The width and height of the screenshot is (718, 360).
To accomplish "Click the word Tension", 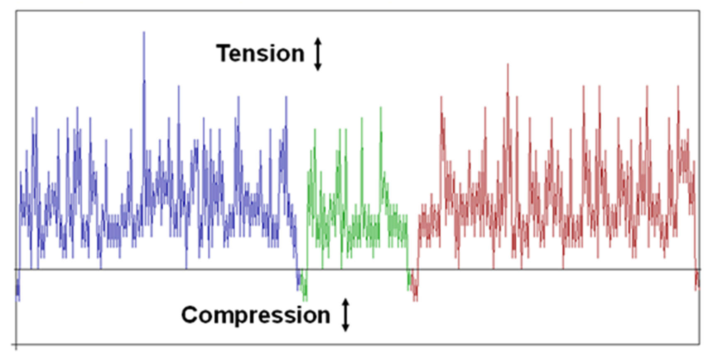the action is [260, 54].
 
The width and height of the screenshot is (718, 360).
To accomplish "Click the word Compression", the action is [256, 315].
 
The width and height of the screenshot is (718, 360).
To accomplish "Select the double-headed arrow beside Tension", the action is [318, 54].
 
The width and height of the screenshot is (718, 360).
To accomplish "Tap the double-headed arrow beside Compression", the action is [346, 315].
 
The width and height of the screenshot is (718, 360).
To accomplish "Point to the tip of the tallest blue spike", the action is [144, 32].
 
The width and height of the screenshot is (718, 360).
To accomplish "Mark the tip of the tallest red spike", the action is [508, 64].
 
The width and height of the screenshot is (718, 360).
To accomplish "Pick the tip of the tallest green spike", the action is [381, 107].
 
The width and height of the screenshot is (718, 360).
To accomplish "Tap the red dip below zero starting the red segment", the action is [415, 286].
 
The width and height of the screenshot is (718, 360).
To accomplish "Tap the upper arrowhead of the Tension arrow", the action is [318, 41].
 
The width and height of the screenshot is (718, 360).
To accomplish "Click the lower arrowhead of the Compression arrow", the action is [346, 328].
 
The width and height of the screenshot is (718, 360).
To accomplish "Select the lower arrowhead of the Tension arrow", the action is [318, 68].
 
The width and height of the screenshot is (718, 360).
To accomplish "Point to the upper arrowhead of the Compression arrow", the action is [346, 302].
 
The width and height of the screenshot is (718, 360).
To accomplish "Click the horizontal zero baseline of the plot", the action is [358, 270].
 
